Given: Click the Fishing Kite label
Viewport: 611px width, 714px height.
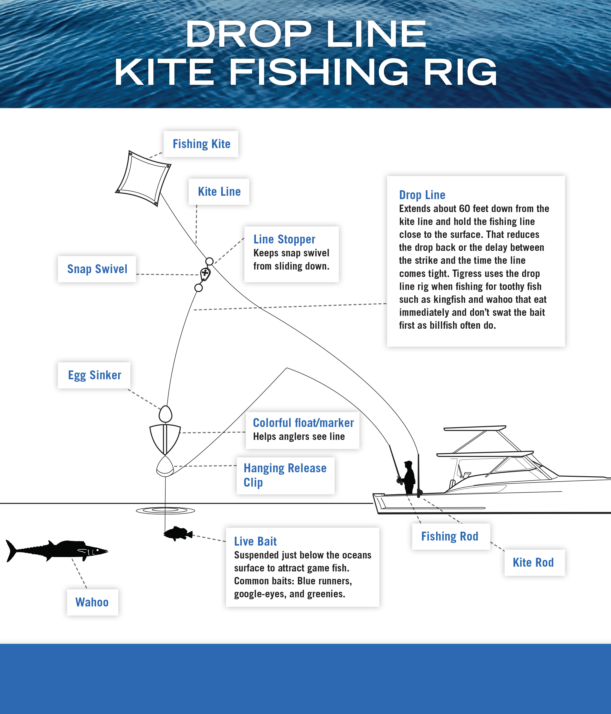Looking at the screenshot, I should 201,144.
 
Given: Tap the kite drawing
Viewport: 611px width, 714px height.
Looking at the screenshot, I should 143,178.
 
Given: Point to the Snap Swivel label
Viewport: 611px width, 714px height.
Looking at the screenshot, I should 97,269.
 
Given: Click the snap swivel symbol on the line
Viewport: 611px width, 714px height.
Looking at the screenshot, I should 205,274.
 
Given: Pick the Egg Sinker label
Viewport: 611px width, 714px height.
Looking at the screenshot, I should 94,375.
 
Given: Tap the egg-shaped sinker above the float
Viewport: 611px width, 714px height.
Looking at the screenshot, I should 165,414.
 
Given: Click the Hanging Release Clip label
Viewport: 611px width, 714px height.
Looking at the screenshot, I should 285,475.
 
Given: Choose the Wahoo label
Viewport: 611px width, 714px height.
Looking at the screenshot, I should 92,602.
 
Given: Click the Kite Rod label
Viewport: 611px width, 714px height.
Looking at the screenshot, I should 533,562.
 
